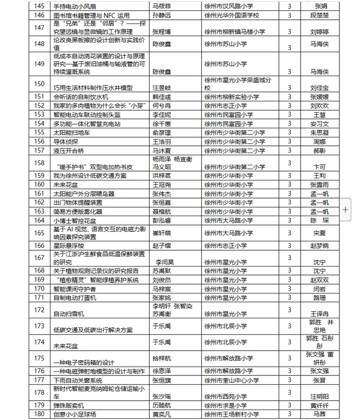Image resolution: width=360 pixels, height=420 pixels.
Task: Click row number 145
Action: point(40,6)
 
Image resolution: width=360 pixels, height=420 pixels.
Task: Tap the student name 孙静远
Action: point(161,15)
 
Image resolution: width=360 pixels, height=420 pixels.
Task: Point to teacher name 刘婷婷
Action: point(319,32)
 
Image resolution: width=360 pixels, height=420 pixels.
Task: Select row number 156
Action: point(40,141)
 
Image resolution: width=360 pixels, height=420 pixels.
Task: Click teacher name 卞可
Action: point(319,167)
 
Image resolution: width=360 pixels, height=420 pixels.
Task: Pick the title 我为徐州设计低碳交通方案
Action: point(90,175)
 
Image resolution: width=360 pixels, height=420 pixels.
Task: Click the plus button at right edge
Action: point(345,209)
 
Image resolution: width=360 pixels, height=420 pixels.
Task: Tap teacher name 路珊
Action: point(319,298)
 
